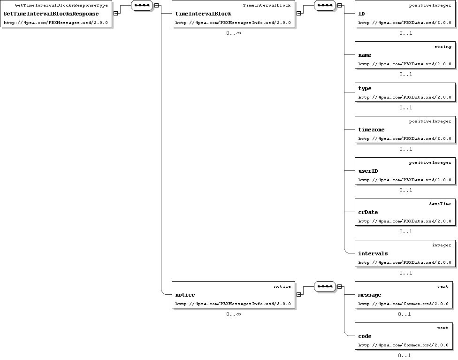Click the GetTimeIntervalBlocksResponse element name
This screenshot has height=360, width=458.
(51, 14)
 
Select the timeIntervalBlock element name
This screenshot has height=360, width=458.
(203, 14)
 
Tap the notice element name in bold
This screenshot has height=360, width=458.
(185, 295)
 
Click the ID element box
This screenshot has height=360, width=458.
(405, 14)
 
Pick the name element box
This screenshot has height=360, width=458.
(405, 55)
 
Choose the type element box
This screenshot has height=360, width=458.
(405, 92)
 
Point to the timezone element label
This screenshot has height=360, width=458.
(371, 130)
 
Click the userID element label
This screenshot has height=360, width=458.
(368, 171)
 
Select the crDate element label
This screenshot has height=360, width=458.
(368, 213)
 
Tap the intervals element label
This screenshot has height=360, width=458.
(373, 253)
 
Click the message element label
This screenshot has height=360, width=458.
(369, 295)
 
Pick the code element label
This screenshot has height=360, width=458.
(365, 337)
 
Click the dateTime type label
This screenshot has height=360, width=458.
(440, 204)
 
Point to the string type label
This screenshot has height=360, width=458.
(443, 46)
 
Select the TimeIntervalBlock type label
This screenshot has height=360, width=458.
(267, 5)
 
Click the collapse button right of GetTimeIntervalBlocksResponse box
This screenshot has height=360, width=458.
(115, 13)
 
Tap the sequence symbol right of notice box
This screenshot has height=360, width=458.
(325, 287)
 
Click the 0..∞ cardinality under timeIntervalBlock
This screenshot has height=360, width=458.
(233, 33)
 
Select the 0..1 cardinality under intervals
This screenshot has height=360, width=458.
(406, 273)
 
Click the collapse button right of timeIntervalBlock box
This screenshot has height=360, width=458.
(298, 13)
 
